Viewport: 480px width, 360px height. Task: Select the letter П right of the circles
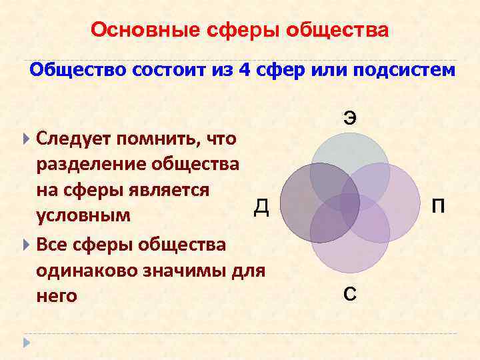tap(439, 207)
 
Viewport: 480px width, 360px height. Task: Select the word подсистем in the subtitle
tap(402, 71)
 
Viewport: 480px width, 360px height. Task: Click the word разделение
tap(93, 164)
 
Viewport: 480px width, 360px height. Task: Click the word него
tap(57, 295)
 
